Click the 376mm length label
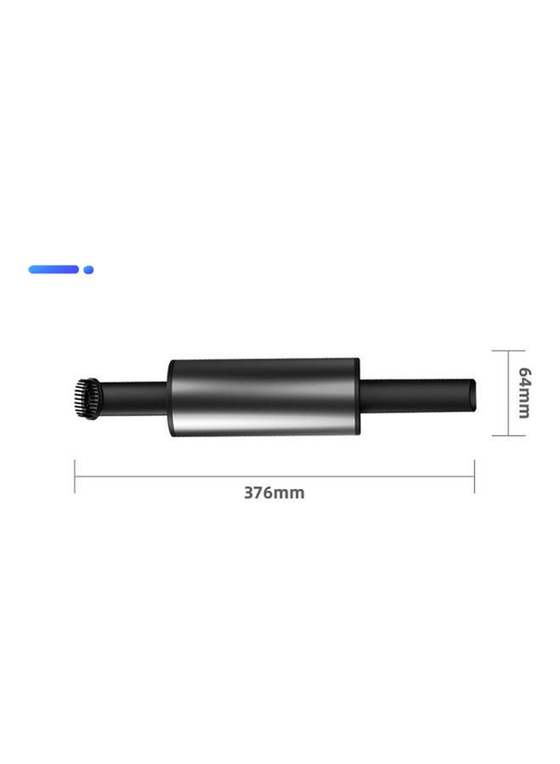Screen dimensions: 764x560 [x=274, y=493]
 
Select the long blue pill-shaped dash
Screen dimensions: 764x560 [x=53, y=269]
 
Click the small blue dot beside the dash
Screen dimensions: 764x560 [x=88, y=270]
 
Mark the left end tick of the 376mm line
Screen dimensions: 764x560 [x=76, y=476]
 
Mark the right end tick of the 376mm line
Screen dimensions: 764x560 [x=473, y=476]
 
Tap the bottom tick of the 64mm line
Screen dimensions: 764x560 [x=508, y=435]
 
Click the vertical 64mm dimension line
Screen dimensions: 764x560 [x=508, y=392]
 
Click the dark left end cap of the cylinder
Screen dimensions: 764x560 [x=171, y=397]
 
